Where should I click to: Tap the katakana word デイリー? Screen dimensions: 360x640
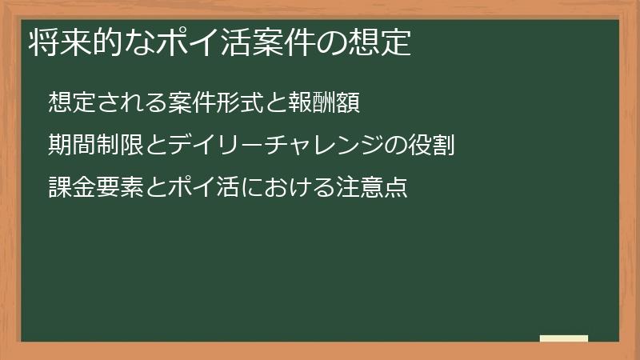[x=198, y=146]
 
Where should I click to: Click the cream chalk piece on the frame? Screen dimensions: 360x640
[x=564, y=338]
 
